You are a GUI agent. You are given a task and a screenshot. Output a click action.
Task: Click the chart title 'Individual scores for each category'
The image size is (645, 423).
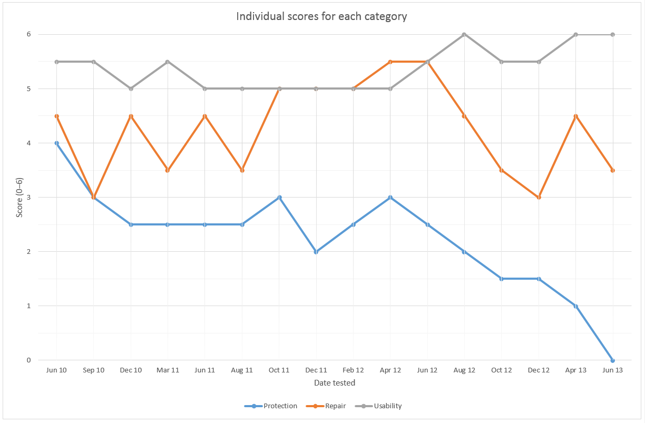(x=321, y=16)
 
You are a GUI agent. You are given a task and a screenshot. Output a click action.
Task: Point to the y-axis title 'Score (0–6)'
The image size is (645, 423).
(x=19, y=197)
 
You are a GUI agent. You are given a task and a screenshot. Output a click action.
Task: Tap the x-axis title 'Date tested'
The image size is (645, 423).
(x=335, y=383)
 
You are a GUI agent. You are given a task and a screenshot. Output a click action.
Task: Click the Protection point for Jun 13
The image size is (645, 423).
(x=612, y=360)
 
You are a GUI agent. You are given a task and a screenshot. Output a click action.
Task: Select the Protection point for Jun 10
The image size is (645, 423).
(x=56, y=143)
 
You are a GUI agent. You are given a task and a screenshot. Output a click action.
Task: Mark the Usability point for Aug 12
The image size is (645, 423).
(x=464, y=35)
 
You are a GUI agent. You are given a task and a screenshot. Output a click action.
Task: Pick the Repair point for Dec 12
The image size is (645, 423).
(x=539, y=198)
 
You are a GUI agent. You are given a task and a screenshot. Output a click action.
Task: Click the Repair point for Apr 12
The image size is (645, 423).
(x=390, y=62)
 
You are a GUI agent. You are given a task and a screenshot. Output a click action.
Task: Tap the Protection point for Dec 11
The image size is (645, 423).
(x=316, y=252)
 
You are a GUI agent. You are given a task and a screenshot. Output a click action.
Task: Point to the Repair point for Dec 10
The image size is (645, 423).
(x=131, y=116)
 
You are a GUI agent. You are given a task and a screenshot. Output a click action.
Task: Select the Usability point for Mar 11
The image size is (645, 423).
(x=168, y=62)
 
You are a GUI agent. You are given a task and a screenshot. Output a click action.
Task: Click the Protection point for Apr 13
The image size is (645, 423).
(x=575, y=306)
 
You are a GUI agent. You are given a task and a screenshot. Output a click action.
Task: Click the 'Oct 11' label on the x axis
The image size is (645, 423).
(x=279, y=370)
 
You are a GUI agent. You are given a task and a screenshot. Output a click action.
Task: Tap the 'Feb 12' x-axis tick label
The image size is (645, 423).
(x=353, y=370)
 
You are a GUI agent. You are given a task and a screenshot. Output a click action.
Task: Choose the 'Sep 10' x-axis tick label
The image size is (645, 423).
(x=93, y=370)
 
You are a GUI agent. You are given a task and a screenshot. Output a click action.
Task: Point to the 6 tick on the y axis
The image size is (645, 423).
(x=29, y=35)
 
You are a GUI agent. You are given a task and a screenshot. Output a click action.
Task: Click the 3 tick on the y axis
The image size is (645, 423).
(x=29, y=198)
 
